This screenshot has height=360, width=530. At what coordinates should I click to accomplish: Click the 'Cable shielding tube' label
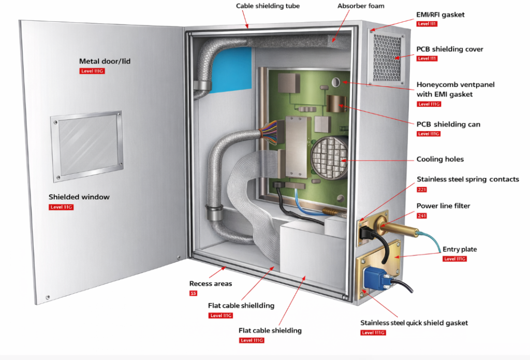[268, 6]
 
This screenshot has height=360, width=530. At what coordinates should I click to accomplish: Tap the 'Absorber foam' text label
[361, 6]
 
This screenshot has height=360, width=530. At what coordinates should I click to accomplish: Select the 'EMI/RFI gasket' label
[440, 15]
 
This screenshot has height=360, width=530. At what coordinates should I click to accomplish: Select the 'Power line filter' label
[443, 206]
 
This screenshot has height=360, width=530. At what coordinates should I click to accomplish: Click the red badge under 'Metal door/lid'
[92, 71]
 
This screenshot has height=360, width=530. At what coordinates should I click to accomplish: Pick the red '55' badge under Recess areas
[193, 293]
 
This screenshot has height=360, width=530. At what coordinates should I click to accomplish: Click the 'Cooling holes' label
[440, 159]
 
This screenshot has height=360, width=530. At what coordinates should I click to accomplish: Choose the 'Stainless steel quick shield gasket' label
[414, 323]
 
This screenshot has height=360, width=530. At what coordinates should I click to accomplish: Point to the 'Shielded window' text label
[79, 197]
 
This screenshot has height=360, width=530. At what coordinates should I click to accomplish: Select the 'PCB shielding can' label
[448, 124]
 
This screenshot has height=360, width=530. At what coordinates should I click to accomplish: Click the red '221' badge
[421, 190]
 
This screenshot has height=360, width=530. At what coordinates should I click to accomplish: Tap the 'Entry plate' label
[460, 249]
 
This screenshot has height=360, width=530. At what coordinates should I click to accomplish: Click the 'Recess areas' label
[211, 283]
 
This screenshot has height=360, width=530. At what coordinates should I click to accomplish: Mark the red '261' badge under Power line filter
[421, 215]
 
